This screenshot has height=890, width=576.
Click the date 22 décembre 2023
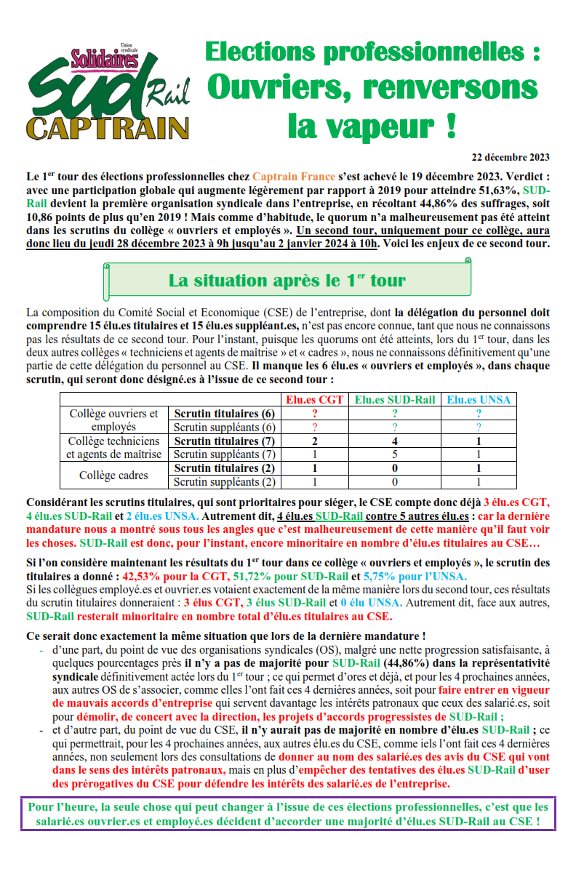pyautogui.click(x=511, y=157)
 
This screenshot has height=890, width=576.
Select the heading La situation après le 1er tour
pyautogui.click(x=287, y=280)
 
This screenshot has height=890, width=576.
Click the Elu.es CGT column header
pyautogui.click(x=314, y=399)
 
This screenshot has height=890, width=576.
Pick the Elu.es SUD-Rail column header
pyautogui.click(x=395, y=399)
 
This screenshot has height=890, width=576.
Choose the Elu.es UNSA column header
pyautogui.click(x=478, y=399)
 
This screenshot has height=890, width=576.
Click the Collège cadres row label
pyautogui.click(x=113, y=476)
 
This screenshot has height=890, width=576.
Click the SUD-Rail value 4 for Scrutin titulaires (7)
pyautogui.click(x=395, y=441)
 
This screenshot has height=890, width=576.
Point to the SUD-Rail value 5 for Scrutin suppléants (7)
pyautogui.click(x=395, y=454)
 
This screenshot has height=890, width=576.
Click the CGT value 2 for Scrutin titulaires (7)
pyautogui.click(x=314, y=441)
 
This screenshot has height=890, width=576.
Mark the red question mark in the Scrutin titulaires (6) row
pyautogui.click(x=314, y=414)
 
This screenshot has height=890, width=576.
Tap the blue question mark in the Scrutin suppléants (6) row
pyautogui.click(x=478, y=427)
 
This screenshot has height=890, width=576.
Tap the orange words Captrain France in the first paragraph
pyautogui.click(x=294, y=177)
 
